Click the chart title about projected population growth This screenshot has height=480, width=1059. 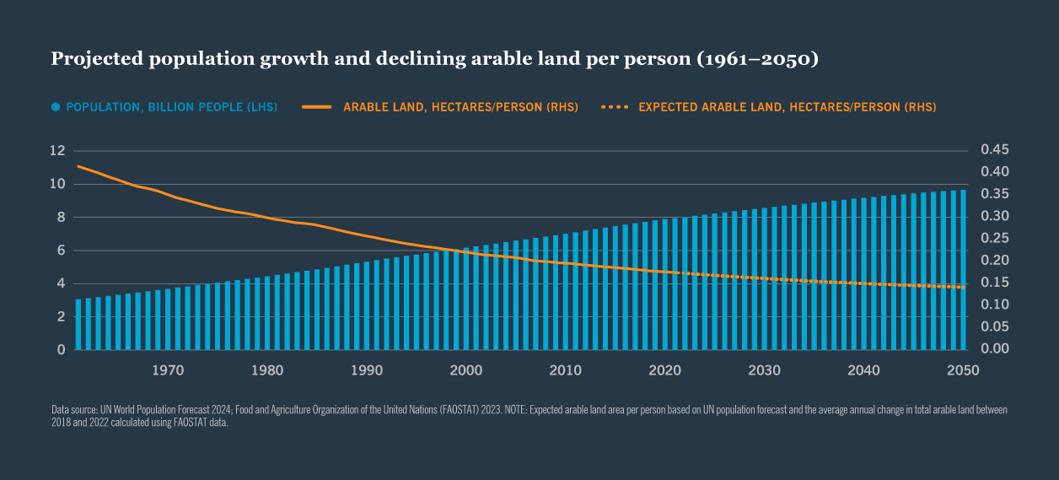click(x=435, y=59)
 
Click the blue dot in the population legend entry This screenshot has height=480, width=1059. click(x=56, y=107)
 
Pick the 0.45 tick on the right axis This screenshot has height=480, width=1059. click(x=995, y=150)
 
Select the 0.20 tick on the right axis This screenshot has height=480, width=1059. click(x=995, y=261)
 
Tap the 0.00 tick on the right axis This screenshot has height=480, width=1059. click(x=995, y=349)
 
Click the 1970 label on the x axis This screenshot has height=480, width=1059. click(x=169, y=370)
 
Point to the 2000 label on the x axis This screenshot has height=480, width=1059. click(x=466, y=370)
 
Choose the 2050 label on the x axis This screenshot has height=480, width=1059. click(x=963, y=370)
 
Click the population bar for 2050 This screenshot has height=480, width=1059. click(x=963, y=270)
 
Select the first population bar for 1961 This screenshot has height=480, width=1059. click(x=78, y=325)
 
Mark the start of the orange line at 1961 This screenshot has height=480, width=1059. click(x=78, y=166)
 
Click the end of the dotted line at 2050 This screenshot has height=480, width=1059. click(x=963, y=288)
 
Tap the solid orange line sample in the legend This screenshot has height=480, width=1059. click(x=318, y=107)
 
